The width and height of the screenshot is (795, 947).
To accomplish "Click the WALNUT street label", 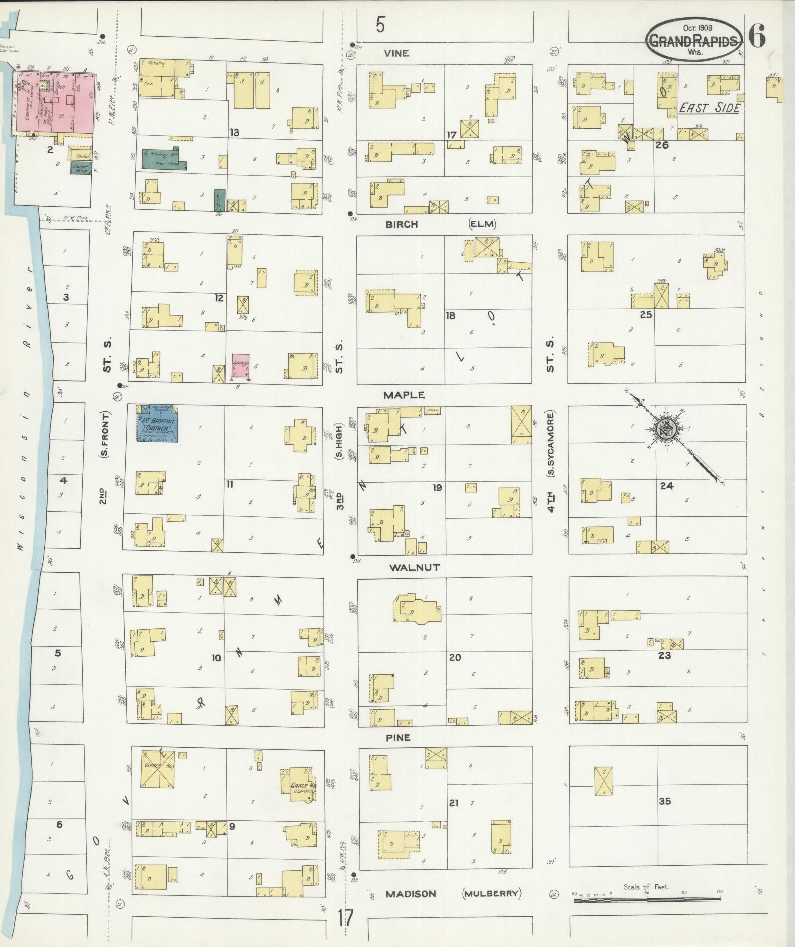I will coord(415,567).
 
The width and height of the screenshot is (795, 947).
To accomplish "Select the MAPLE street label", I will coord(404,395).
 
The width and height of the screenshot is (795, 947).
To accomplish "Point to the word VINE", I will coord(396,53).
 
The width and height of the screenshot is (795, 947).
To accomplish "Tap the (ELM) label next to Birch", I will coord(482,224).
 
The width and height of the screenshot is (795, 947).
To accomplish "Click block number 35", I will coord(665,801).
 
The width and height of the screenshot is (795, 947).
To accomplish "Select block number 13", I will coord(234,133).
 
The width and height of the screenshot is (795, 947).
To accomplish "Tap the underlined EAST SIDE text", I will coord(709,108).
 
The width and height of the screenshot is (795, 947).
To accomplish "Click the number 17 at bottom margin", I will coord(345,918).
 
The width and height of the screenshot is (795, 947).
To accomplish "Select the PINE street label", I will coord(398,738).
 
